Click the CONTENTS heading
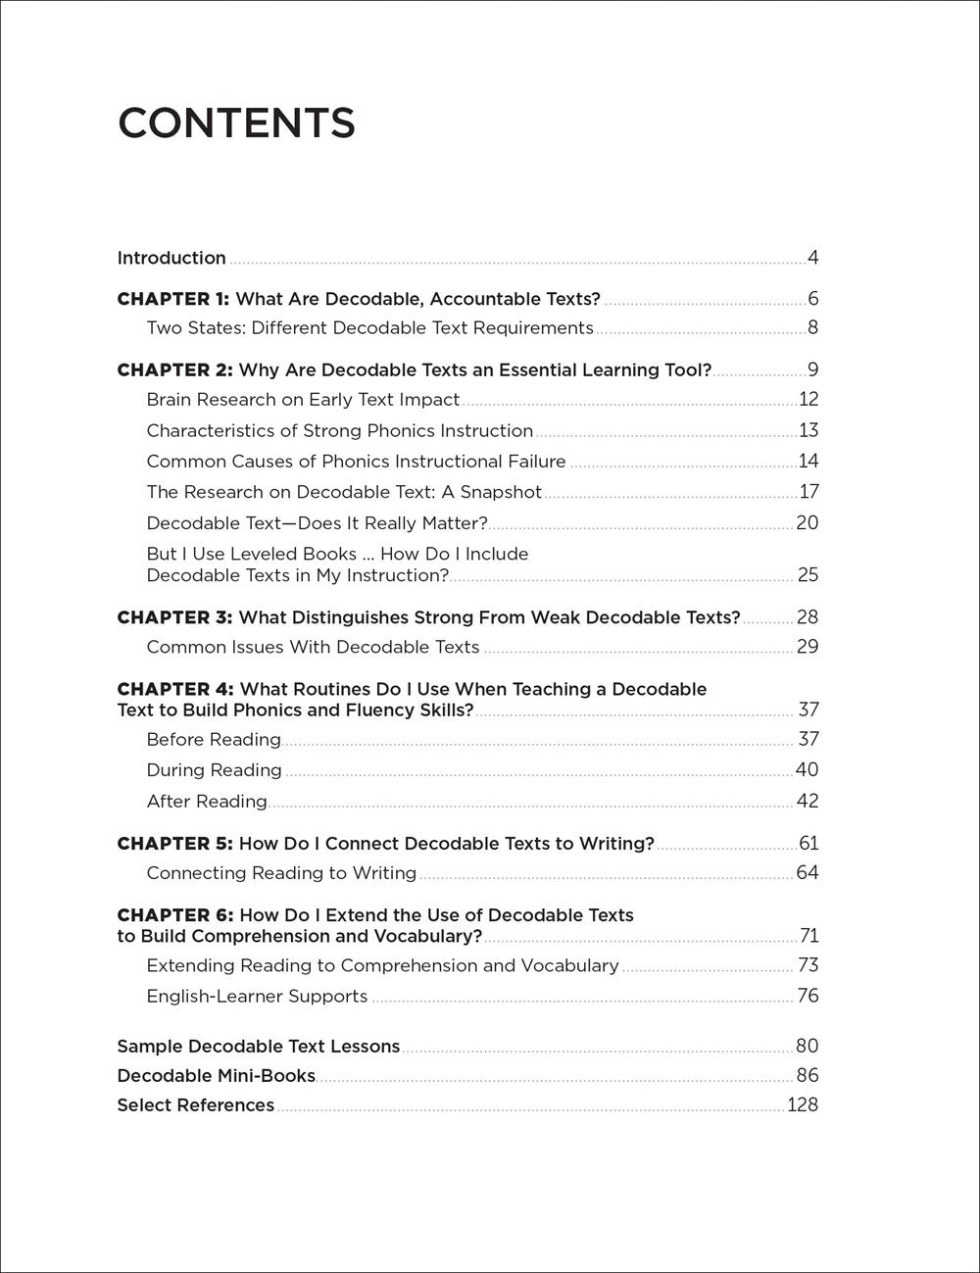[x=236, y=123]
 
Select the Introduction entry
[x=171, y=259]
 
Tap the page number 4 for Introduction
[x=812, y=259]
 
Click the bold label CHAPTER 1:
[x=172, y=299]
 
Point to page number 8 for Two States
[x=812, y=328]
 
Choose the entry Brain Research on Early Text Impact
[x=303, y=400]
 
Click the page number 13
[x=808, y=430]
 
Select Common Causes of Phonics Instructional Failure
[x=356, y=462]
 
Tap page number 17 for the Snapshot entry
[x=808, y=492]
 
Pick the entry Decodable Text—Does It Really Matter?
[x=317, y=523]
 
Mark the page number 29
[x=807, y=647]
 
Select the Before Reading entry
[x=214, y=740]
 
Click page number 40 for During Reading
[x=807, y=770]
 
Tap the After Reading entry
[x=207, y=802]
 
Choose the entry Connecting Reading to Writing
[x=281, y=873]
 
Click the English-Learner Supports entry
[x=257, y=997]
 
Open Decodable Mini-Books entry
[x=216, y=1076]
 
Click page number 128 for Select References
[x=802, y=1105]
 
